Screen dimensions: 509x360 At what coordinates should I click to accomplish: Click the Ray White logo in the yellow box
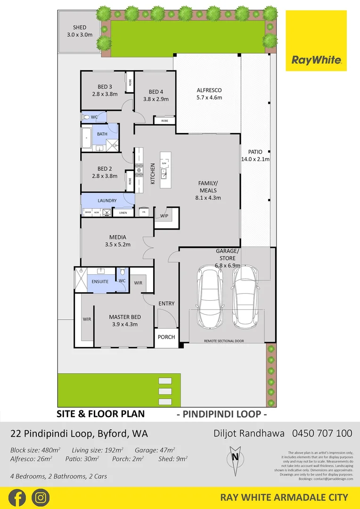pyautogui.click(x=316, y=60)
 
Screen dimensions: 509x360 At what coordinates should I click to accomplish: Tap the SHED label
pyautogui.click(x=80, y=27)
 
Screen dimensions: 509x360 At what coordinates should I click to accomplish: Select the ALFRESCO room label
pyautogui.click(x=209, y=90)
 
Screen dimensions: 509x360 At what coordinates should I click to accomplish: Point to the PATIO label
pyautogui.click(x=255, y=152)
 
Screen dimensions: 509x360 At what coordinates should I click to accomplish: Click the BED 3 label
pyautogui.click(x=105, y=87)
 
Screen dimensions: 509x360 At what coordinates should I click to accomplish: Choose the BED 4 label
pyautogui.click(x=155, y=92)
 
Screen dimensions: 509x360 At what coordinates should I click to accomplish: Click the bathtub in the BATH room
pyautogui.click(x=87, y=139)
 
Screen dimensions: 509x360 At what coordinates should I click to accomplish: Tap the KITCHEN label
pyautogui.click(x=153, y=173)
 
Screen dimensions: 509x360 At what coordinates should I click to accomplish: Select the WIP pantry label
pyautogui.click(x=164, y=216)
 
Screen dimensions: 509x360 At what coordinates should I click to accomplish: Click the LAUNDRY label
pyautogui.click(x=107, y=201)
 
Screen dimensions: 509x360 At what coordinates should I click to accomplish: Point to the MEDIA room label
pyautogui.click(x=117, y=238)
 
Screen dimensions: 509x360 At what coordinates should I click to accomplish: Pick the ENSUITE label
pyautogui.click(x=100, y=281)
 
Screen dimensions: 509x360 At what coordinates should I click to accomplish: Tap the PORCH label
pyautogui.click(x=166, y=337)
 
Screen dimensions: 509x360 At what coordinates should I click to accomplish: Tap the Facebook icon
pyautogui.click(x=17, y=497)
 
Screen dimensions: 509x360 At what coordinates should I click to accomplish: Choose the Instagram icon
pyautogui.click(x=41, y=497)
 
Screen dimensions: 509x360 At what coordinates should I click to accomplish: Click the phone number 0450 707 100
pyautogui.click(x=322, y=433)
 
